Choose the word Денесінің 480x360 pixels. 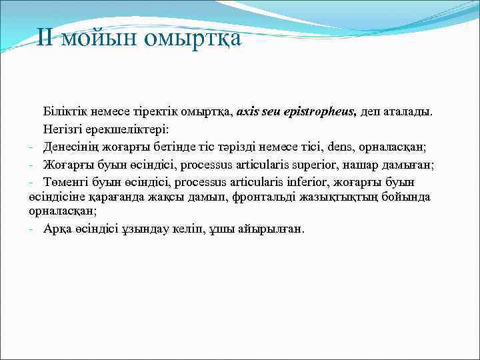[x=72, y=146]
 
